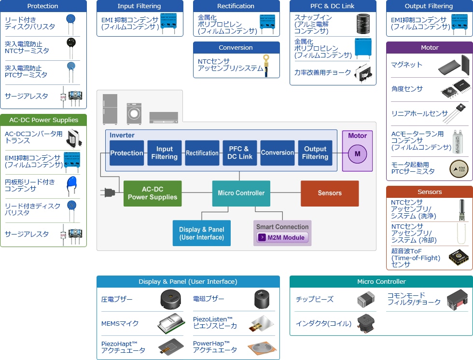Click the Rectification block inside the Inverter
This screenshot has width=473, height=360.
pyautogui.click(x=202, y=153)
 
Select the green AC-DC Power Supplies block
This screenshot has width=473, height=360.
pyautogui.click(x=153, y=194)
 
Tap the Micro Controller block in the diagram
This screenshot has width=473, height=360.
pyautogui.click(x=241, y=193)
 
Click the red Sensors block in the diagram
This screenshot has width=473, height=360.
pyautogui.click(x=330, y=193)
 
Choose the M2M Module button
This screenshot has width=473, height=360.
pyautogui.click(x=282, y=237)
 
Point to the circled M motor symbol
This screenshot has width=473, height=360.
pyautogui.click(x=358, y=154)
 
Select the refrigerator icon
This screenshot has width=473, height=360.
pyautogui.click(x=110, y=109)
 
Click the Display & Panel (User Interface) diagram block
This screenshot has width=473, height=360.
pyautogui.click(x=201, y=233)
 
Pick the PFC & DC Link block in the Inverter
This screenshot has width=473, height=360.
pyautogui.click(x=240, y=153)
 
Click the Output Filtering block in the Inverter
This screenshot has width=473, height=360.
pyautogui.click(x=315, y=153)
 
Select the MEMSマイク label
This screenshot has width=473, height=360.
pyautogui.click(x=120, y=323)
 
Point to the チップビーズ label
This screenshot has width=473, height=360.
pyautogui.click(x=314, y=299)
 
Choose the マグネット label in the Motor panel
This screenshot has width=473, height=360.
pyautogui.click(x=406, y=65)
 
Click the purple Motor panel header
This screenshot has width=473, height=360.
pyautogui.click(x=430, y=47)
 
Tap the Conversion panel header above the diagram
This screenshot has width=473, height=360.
pyautogui.click(x=236, y=47)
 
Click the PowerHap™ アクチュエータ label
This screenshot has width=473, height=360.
pyautogui.click(x=215, y=347)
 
